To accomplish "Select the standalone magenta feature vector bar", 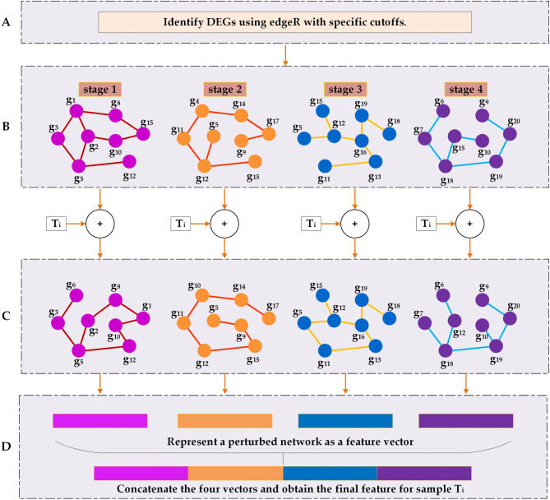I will click(99, 420).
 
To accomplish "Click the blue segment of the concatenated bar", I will click(330, 472).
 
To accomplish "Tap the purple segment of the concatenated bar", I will click(424, 472).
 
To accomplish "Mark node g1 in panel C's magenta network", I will click(144, 315).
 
